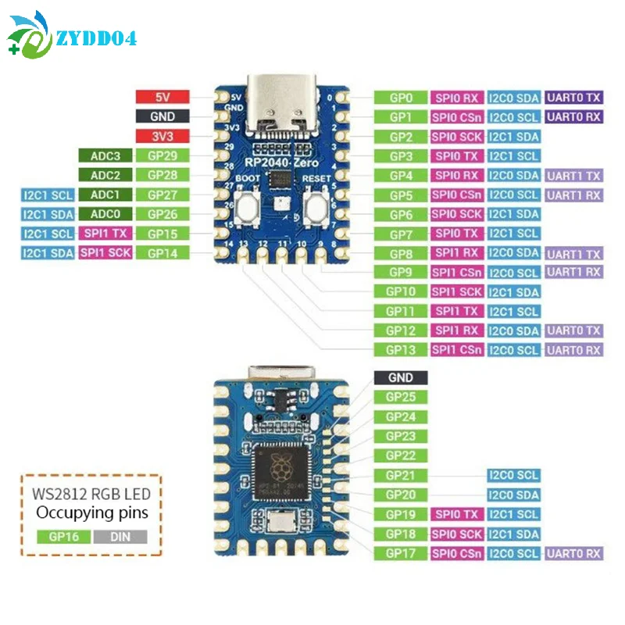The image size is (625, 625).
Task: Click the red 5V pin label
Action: coord(162,98)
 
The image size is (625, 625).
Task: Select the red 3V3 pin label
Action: coord(162,136)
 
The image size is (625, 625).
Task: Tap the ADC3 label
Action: coord(105,155)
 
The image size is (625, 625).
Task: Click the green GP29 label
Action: coord(162,155)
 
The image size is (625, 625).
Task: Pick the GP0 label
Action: coord(400,98)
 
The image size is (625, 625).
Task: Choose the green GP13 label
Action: coord(400,350)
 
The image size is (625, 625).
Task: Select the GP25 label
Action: coord(400,398)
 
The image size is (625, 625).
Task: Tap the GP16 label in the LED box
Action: coord(62,537)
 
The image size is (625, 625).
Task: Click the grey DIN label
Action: coord(119,537)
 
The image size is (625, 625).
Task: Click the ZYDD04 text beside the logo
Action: coord(96,37)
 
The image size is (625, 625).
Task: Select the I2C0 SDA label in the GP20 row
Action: coord(513,495)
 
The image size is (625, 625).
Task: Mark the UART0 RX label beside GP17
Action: coord(573,553)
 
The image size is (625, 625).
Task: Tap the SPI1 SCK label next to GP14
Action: coord(105,252)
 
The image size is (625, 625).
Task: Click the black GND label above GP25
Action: coord(400,378)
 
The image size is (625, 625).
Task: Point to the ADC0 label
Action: coord(105,213)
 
